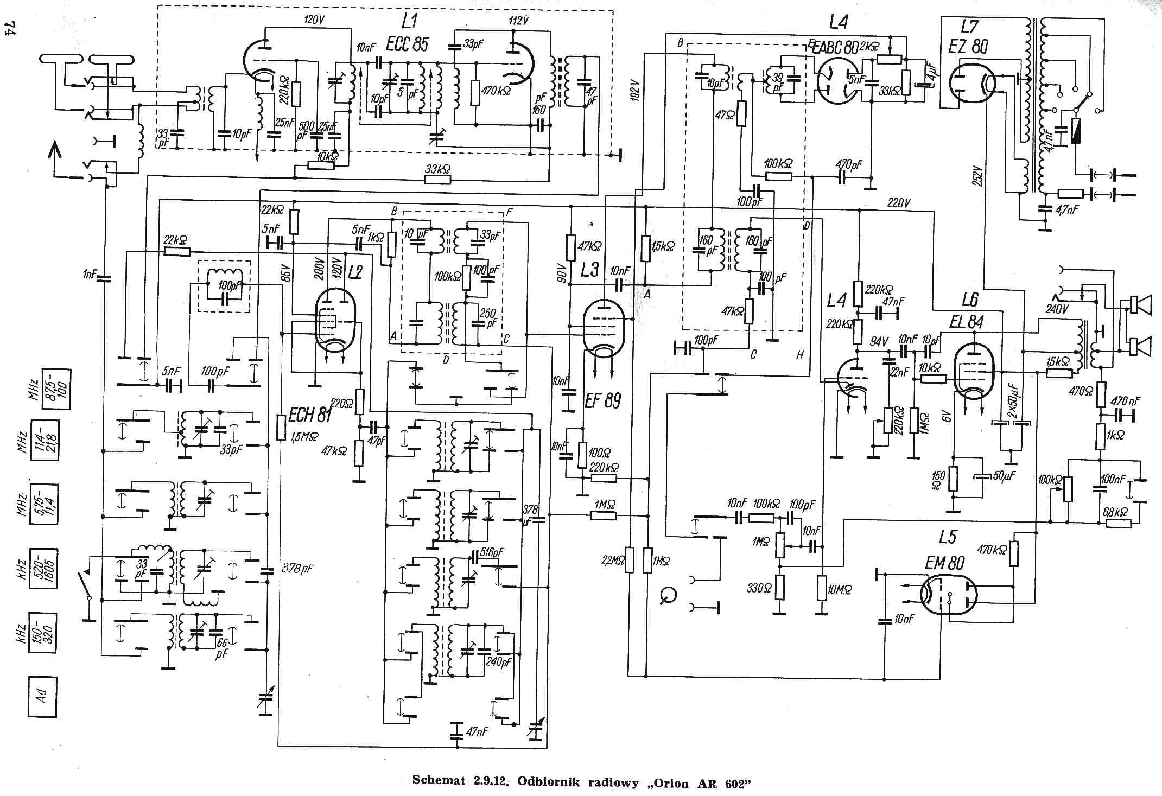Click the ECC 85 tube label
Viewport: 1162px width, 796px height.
(407, 44)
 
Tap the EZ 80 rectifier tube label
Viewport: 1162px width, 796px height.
(968, 46)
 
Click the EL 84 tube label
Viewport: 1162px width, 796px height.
(966, 322)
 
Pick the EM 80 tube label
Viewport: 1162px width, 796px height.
(944, 564)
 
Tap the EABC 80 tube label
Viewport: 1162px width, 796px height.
(835, 48)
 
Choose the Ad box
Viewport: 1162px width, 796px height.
(42, 696)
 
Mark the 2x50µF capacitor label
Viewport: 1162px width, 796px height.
(1012, 401)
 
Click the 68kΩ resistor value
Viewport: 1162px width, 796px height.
(1115, 512)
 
